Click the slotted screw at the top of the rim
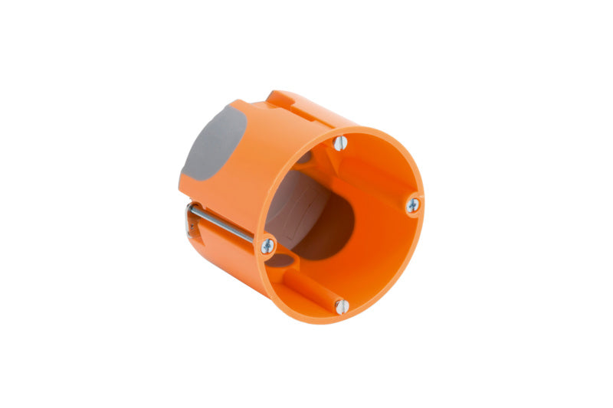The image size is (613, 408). click(x=340, y=142)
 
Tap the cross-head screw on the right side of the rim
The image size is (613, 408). click(x=413, y=204)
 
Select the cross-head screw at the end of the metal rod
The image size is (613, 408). click(x=267, y=246)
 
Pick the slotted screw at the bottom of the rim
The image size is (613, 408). click(x=342, y=306)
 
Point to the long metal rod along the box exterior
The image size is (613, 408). click(x=222, y=224)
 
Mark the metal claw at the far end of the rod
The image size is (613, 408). click(x=189, y=222)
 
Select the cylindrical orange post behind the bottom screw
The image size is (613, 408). click(x=314, y=287)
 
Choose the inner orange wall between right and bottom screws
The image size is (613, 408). click(x=383, y=260)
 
